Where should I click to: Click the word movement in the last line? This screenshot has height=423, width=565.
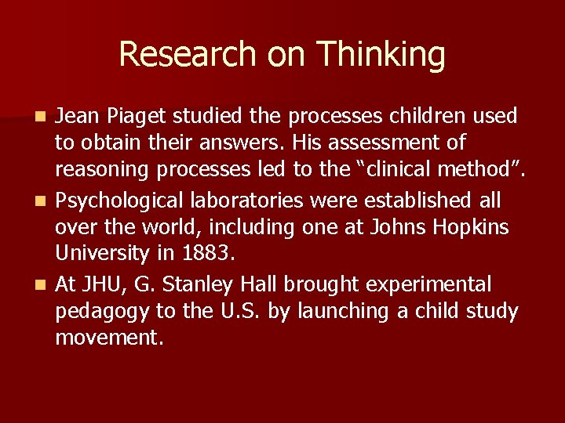(x=107, y=338)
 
